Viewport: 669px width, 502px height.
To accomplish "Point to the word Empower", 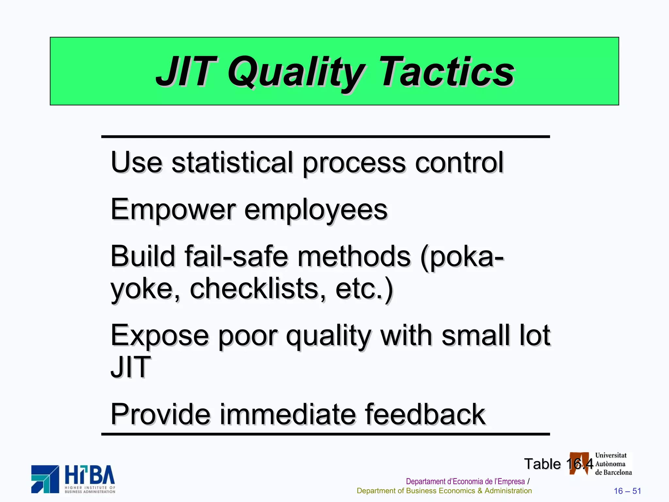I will (x=173, y=210).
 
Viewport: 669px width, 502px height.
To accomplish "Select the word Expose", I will (x=160, y=336).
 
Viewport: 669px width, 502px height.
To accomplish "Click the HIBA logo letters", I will (x=90, y=476).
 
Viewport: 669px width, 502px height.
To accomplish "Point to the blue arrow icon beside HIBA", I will (x=45, y=479).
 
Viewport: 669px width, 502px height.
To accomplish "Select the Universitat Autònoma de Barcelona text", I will (x=613, y=464).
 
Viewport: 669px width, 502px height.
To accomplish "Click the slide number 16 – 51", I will (x=627, y=491).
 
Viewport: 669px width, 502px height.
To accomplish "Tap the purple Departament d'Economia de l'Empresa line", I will (x=465, y=481).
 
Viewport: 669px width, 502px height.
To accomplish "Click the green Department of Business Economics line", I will (x=444, y=491).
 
